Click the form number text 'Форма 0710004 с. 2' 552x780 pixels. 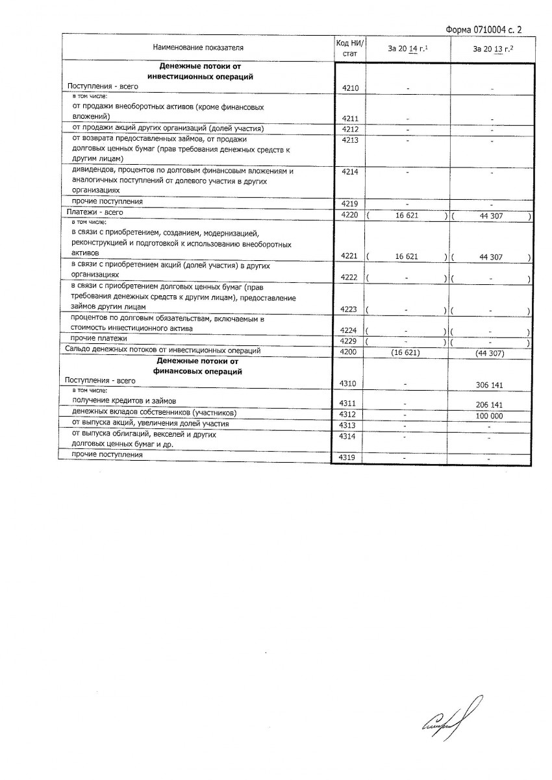484,29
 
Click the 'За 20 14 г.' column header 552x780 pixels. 407,48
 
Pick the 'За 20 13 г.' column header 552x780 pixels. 493,48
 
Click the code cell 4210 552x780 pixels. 350,88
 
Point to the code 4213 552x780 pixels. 350,140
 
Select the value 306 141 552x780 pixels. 491,385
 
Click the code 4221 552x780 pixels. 350,257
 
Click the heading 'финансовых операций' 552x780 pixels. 198,372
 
